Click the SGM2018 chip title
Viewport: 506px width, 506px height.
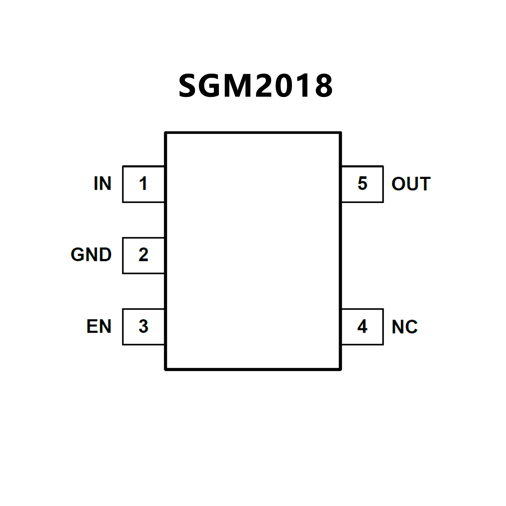(255, 86)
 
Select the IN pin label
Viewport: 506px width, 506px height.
(103, 184)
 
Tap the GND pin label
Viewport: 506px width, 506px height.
(91, 255)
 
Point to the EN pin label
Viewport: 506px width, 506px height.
(99, 326)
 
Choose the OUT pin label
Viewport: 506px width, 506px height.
(411, 184)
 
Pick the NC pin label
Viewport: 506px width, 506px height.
(404, 327)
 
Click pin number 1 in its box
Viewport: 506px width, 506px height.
(143, 184)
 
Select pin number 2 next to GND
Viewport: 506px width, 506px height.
(143, 255)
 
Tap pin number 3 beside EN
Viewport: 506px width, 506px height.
(143, 326)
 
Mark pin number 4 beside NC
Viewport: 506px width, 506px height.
(362, 326)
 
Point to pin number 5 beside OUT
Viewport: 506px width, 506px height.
(362, 184)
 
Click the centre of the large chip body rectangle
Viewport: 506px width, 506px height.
(253, 251)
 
